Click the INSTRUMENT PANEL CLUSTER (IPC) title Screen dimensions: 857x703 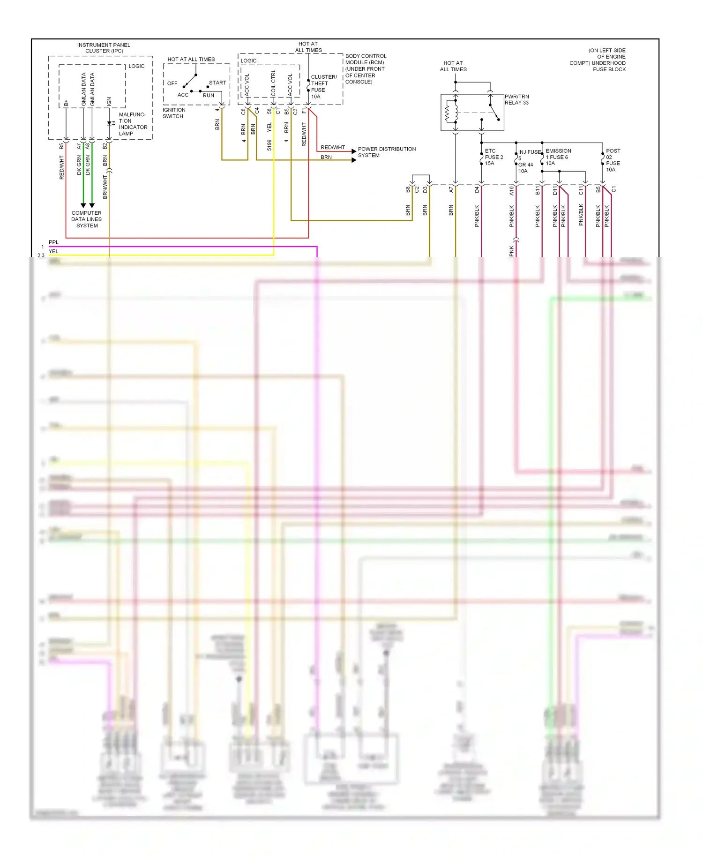click(104, 48)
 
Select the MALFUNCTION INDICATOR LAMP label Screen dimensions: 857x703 click(133, 124)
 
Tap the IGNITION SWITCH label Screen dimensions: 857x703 click(174, 113)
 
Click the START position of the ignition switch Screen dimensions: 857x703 click(217, 83)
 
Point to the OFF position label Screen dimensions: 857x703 click(172, 83)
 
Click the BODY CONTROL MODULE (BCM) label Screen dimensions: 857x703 click(366, 68)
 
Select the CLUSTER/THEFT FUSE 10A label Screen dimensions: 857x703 click(323, 87)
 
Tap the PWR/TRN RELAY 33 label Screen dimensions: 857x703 click(516, 99)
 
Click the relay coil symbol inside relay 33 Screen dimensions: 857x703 click(448, 113)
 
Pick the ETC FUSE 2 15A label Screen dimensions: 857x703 click(494, 157)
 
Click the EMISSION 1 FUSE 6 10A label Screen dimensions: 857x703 click(558, 157)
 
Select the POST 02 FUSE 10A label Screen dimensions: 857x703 click(613, 160)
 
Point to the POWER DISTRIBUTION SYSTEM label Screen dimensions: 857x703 click(387, 152)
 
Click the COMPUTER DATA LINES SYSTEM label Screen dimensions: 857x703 click(87, 219)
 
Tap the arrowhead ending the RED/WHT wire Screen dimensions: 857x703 click(354, 151)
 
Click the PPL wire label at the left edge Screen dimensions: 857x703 click(54, 242)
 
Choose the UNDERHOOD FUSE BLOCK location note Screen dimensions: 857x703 click(598, 60)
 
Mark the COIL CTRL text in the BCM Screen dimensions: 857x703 click(273, 83)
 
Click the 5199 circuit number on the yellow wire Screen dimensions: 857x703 click(269, 145)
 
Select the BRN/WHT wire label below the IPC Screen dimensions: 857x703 click(105, 187)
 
